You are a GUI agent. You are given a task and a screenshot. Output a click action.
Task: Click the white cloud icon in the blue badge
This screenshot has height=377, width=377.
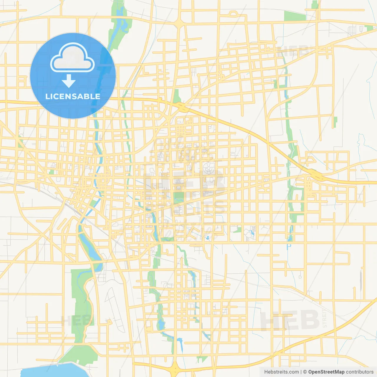point(72,58)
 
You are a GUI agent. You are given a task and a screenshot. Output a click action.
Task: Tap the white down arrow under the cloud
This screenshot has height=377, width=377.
point(69,81)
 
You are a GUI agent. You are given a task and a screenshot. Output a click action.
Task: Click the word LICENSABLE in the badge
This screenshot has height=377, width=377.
point(73,96)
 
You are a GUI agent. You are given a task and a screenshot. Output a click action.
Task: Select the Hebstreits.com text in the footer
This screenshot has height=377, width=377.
point(282,372)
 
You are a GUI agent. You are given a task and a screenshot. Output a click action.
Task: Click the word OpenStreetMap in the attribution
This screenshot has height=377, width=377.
point(326,372)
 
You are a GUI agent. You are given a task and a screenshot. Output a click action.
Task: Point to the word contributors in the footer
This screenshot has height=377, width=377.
point(360,372)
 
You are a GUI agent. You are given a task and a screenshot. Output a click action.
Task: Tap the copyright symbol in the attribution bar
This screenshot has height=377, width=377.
point(305,372)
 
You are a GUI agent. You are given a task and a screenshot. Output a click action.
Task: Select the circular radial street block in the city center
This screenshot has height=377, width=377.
point(209,168)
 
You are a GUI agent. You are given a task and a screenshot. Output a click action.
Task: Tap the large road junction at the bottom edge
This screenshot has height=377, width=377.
point(175,368)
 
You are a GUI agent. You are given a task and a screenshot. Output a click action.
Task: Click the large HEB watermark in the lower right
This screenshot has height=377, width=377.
point(290,320)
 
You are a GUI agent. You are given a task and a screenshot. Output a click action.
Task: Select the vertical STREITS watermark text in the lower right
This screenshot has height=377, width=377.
point(325,318)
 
